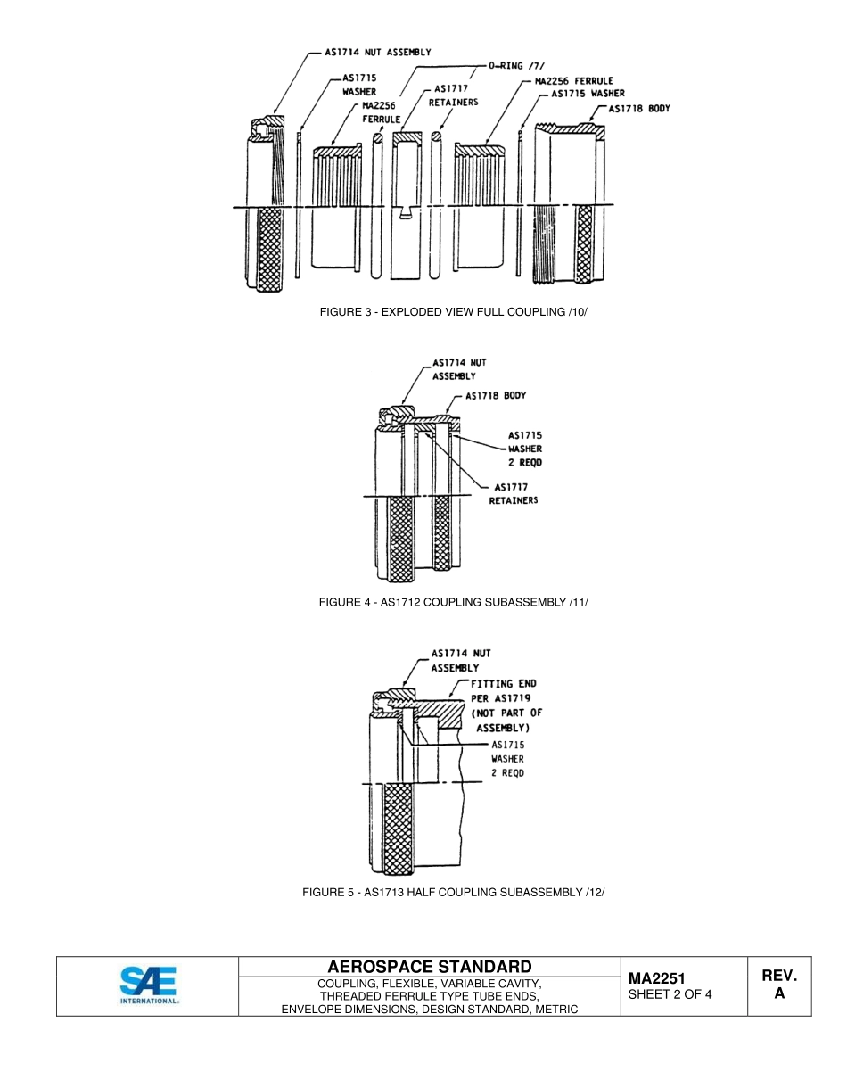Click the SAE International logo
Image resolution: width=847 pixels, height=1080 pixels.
click(149, 985)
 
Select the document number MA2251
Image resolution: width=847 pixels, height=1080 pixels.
click(656, 979)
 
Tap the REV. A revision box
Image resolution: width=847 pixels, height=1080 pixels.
click(778, 985)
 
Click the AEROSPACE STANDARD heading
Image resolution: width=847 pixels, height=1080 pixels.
click(429, 967)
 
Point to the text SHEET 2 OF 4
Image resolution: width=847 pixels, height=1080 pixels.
click(670, 994)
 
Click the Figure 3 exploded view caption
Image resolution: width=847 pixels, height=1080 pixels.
click(455, 312)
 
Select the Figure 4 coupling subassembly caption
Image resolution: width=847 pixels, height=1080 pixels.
click(454, 602)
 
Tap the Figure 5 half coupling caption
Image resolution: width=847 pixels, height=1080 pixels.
click(454, 892)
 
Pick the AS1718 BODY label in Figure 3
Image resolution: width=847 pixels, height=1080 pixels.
click(638, 109)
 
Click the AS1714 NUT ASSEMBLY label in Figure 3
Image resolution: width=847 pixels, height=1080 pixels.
click(375, 52)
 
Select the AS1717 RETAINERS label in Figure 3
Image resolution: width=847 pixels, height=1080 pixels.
click(454, 95)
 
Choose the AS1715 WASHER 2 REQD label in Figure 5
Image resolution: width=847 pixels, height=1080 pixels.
click(507, 758)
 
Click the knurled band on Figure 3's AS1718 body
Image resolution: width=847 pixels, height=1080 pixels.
click(585, 243)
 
